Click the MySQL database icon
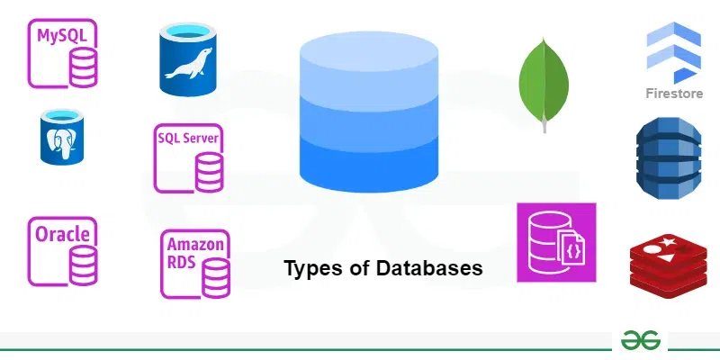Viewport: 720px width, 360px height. pos(62,55)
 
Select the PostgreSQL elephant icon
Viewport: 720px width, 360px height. pos(62,137)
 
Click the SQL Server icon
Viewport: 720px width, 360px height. pos(189,158)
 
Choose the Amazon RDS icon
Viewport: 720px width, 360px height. pos(195,264)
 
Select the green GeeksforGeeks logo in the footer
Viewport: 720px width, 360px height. pos(641,339)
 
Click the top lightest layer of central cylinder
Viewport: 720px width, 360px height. pos(369,63)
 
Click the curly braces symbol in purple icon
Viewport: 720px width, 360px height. pos(573,253)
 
